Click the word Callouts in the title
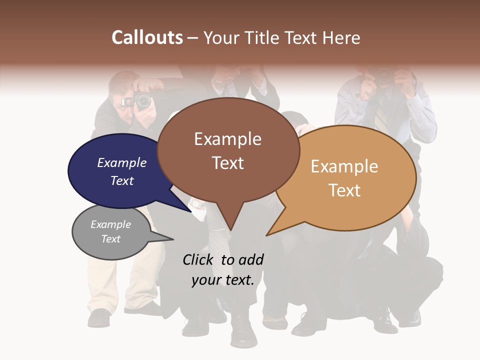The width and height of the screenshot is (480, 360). click(147, 37)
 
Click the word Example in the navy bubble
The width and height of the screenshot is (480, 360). click(121, 162)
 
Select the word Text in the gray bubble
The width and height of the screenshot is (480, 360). click(110, 239)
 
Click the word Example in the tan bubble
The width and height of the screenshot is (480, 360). click(344, 166)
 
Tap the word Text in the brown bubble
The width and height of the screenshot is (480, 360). click(227, 163)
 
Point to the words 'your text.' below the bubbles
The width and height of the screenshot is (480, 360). click(222, 280)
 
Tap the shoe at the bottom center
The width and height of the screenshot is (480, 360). click(244, 332)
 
